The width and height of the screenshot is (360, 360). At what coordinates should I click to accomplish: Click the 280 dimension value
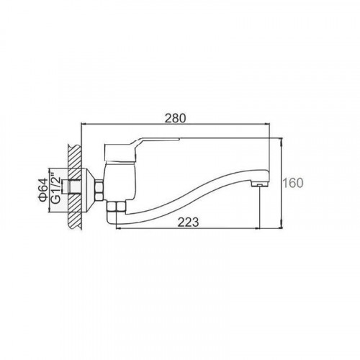pyautogui.click(x=175, y=119)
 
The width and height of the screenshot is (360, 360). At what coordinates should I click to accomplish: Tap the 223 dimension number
pyautogui.click(x=188, y=222)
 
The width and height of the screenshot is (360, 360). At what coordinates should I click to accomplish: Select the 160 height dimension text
pyautogui.click(x=293, y=183)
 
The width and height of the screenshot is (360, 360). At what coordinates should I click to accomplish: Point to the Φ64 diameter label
pyautogui.click(x=42, y=190)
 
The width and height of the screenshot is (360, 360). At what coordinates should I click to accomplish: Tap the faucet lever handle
pyautogui.click(x=142, y=149)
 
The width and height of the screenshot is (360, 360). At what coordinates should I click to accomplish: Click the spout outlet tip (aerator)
pyautogui.click(x=259, y=184)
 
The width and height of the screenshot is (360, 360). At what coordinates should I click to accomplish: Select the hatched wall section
pyautogui.click(x=75, y=187)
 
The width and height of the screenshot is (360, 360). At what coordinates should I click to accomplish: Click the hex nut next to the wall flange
pyautogui.click(x=99, y=191)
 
